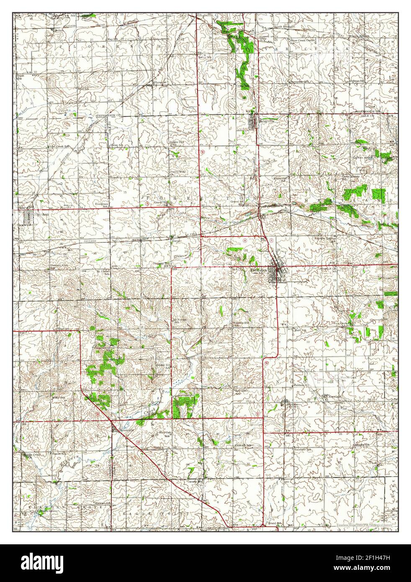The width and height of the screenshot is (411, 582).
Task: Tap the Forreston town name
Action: tap(259, 270)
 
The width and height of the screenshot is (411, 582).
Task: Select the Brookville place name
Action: tap(126, 430)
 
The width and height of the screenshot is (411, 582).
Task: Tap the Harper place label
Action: tap(176, 241)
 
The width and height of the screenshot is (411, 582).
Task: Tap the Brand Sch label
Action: tap(274, 523)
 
